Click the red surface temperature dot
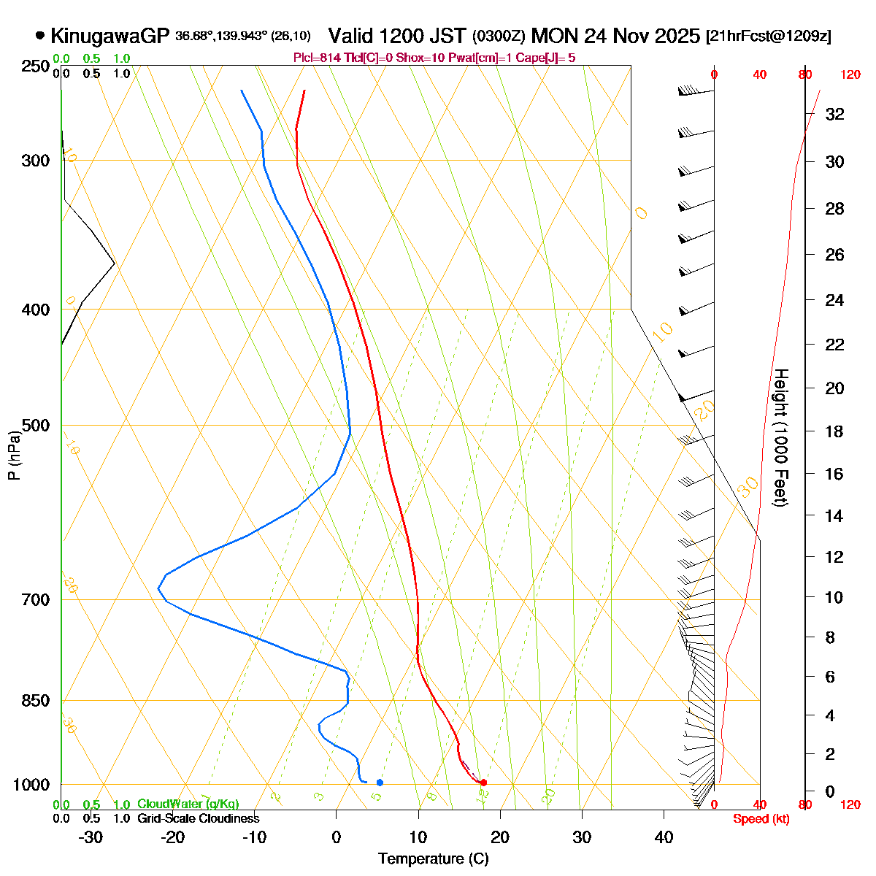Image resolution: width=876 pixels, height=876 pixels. [483, 783]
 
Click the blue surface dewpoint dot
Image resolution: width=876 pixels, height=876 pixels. [380, 783]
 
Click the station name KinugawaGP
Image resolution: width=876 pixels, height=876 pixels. [109, 36]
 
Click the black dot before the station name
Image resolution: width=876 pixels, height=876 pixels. [39, 35]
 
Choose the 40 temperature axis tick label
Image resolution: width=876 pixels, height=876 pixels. [664, 837]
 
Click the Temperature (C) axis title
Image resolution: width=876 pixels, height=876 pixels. [434, 859]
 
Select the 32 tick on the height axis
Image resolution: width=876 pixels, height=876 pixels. [834, 115]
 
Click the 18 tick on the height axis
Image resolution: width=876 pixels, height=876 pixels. [834, 431]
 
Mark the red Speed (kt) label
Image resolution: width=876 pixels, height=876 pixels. [761, 819]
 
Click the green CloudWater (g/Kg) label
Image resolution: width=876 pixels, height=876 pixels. [188, 804]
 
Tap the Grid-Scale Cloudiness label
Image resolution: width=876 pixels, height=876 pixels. [198, 819]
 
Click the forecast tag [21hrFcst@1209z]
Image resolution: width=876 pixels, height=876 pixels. [768, 36]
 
